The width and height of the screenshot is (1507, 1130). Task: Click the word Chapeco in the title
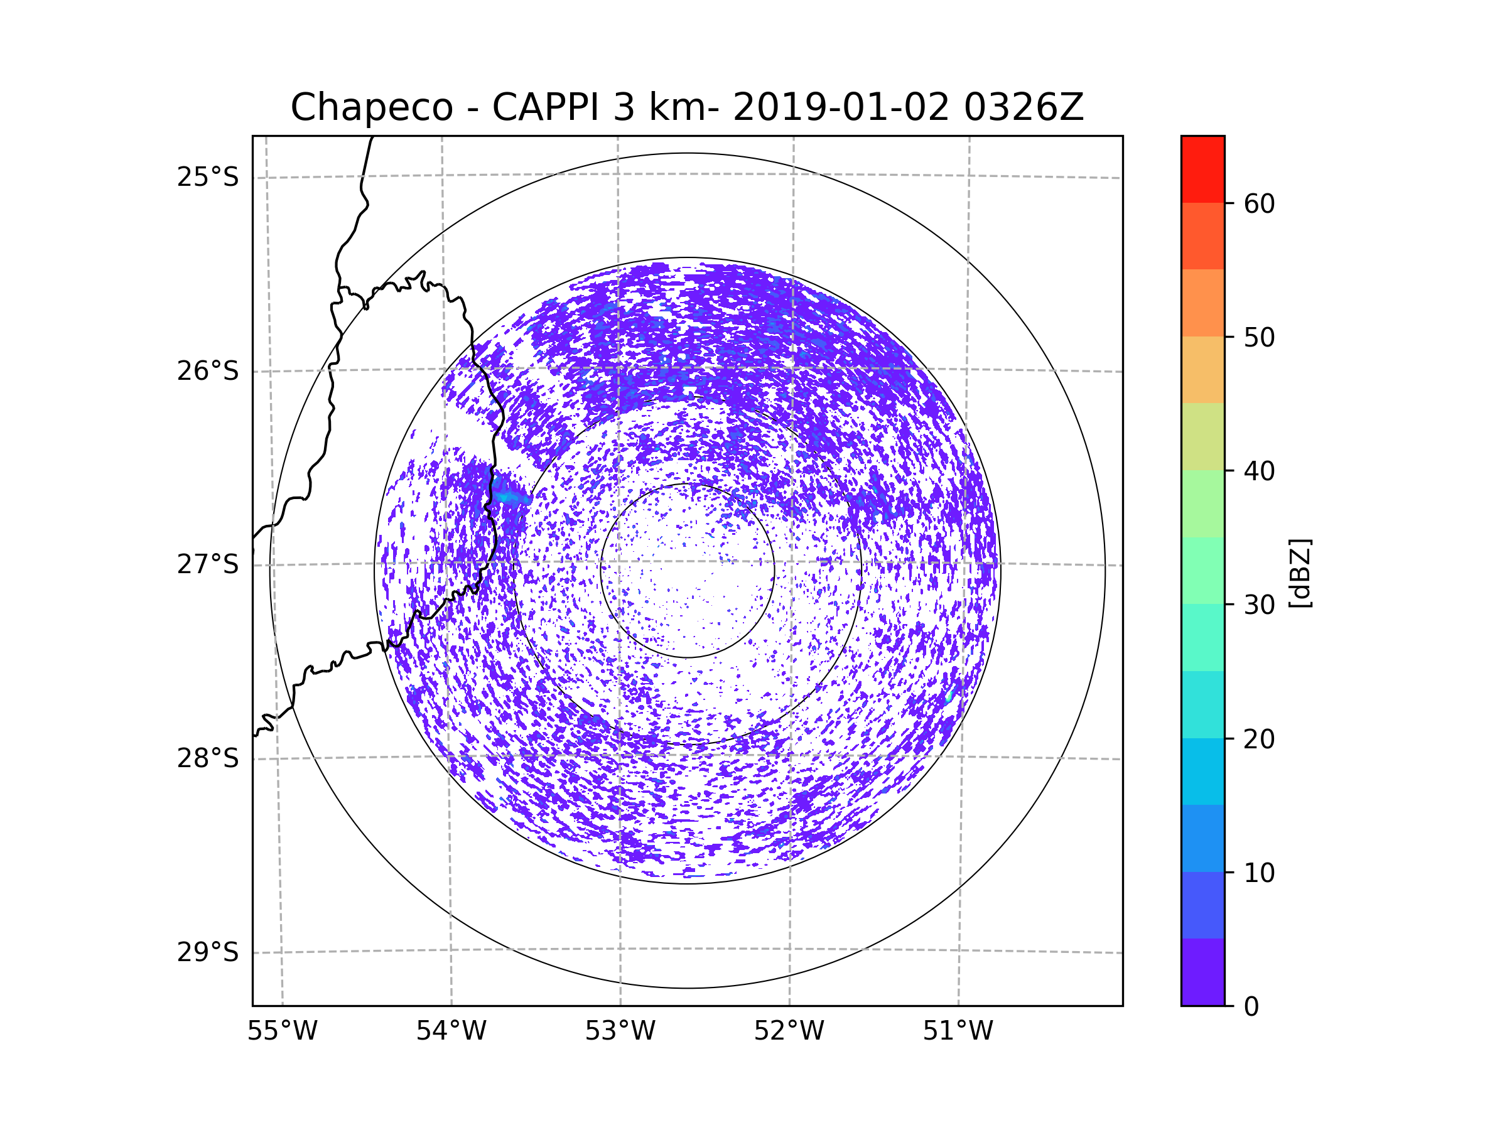point(371,107)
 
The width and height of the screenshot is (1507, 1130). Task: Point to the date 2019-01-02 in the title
point(840,107)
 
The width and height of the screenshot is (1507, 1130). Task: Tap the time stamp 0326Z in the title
point(1024,107)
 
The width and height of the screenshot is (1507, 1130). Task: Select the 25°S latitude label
point(208,177)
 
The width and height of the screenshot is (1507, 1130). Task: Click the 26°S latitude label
point(208,371)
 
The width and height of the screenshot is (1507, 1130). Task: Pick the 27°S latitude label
point(208,564)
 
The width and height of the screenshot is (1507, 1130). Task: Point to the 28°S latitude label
point(208,758)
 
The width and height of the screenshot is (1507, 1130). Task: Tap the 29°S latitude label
point(208,952)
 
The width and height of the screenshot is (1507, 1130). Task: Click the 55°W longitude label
point(282,1031)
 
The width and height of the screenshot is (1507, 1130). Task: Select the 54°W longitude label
point(451,1031)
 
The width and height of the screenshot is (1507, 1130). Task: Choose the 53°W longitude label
point(620,1031)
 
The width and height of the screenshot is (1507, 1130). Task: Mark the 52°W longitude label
point(789,1031)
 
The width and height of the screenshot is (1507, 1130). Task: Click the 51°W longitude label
point(958,1031)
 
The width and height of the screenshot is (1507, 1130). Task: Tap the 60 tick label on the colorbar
point(1259,203)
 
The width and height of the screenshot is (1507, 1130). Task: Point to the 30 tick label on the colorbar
point(1259,605)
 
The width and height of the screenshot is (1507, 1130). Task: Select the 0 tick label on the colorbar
point(1251,1007)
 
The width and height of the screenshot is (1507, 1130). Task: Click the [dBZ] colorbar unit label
point(1300,573)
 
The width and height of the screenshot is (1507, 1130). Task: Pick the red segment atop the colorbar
point(1202,169)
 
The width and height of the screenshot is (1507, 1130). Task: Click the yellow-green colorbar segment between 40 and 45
point(1202,436)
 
